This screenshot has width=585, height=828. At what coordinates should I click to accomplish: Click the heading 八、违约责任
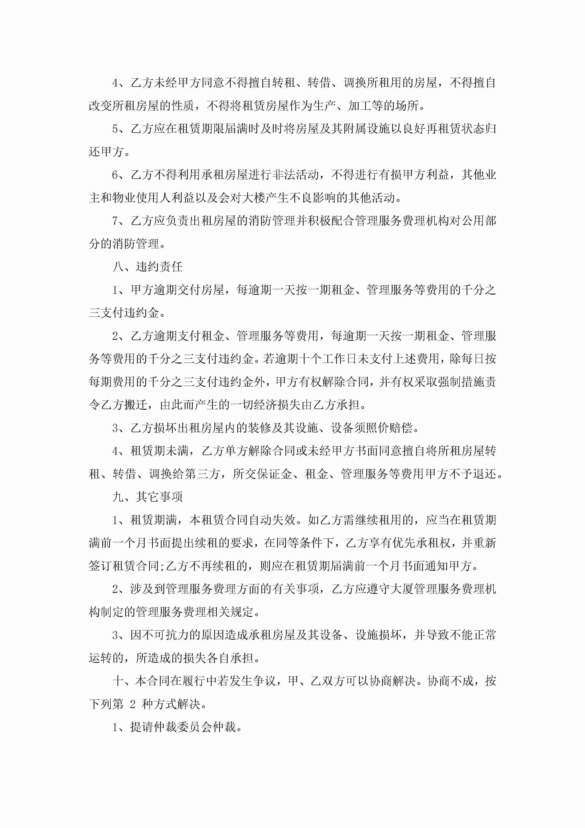coord(147,267)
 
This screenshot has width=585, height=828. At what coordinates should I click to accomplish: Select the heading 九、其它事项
coord(147,497)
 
